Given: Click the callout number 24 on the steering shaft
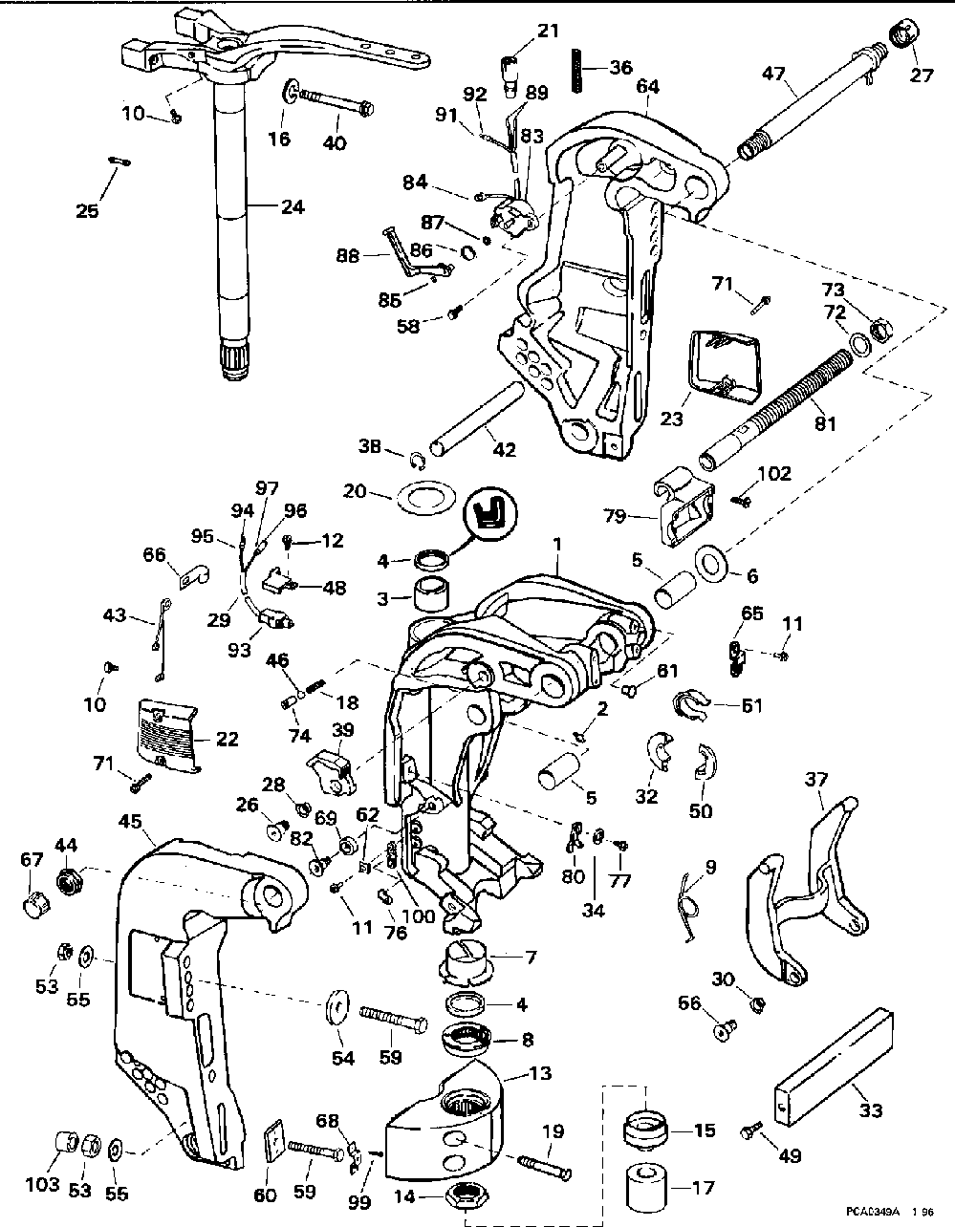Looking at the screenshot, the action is pyautogui.click(x=293, y=207).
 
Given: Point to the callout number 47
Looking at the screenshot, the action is pyautogui.click(x=773, y=74).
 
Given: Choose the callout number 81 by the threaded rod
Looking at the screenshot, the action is pyautogui.click(x=825, y=424).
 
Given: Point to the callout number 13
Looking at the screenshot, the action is pyautogui.click(x=540, y=1072).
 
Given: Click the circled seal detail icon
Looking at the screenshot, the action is pyautogui.click(x=489, y=515).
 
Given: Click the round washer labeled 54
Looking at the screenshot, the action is pyautogui.click(x=338, y=1007).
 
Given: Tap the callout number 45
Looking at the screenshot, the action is pyautogui.click(x=130, y=822).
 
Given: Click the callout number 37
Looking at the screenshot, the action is pyautogui.click(x=816, y=780).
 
